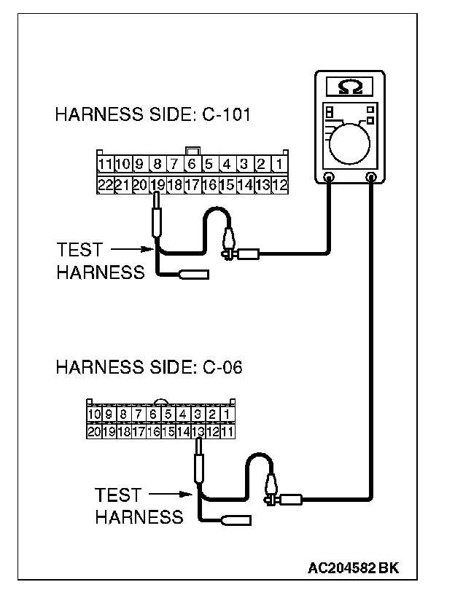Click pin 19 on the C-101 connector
click(x=157, y=185)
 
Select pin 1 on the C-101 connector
click(x=280, y=164)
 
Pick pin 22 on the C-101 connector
click(x=104, y=185)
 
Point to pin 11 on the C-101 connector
click(x=104, y=164)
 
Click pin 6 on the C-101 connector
click(x=192, y=164)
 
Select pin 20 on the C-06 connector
click(x=93, y=431)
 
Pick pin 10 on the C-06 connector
click(x=93, y=414)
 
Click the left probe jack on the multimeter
click(x=329, y=177)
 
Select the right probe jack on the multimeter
click(x=373, y=177)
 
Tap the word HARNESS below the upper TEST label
click(x=100, y=272)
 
